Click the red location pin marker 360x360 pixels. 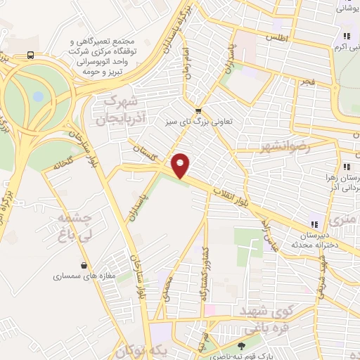point(181,166)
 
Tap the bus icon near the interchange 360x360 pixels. point(30,55)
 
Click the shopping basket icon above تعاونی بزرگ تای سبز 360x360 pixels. point(198,110)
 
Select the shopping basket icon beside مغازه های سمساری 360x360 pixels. point(85,265)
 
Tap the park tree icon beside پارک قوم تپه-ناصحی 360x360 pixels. point(242,346)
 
